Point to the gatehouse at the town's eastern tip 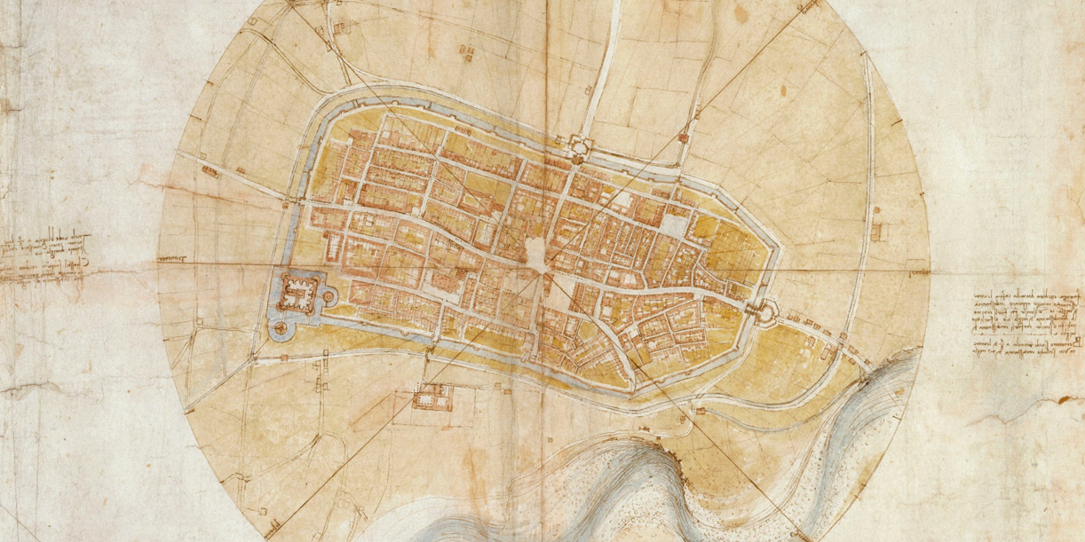point(761,310)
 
